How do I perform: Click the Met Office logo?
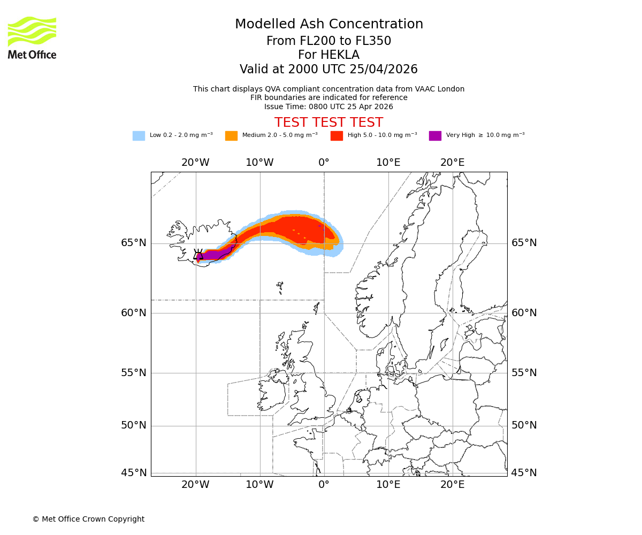pos(32,37)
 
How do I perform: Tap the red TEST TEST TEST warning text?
pos(328,123)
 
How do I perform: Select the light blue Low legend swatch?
pos(139,136)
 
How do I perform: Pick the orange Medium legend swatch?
pos(231,136)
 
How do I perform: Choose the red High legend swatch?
pos(337,136)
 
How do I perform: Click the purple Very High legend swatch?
pos(435,136)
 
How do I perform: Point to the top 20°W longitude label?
pos(195,163)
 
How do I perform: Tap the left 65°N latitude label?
pos(133,243)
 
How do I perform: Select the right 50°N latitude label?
pos(524,425)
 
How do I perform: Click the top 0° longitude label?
pos(324,163)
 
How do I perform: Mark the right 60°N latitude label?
pos(524,313)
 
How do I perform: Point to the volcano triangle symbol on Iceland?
pos(198,255)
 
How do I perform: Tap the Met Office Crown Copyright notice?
pos(88,519)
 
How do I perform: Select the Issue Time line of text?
pos(328,106)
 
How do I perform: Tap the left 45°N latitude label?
pos(133,473)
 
